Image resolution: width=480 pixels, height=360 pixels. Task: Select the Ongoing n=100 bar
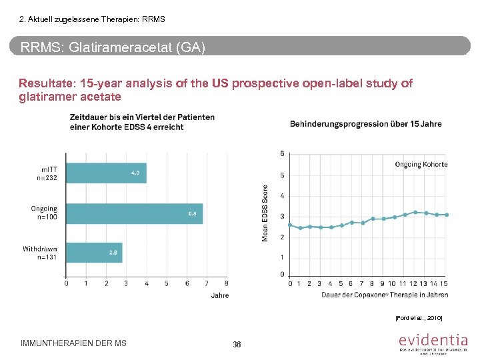[134, 213]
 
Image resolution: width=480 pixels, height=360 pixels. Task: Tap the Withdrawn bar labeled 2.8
[93, 253]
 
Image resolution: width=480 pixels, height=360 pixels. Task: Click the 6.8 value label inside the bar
[192, 213]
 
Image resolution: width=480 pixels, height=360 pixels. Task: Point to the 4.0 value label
[135, 173]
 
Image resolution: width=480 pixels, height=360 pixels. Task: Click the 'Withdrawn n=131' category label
[39, 253]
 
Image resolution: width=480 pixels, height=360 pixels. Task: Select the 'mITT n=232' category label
[46, 173]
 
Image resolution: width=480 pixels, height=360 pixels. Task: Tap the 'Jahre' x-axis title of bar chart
[219, 295]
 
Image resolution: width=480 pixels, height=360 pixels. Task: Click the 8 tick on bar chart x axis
[227, 283]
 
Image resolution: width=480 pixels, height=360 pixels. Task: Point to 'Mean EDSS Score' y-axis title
[265, 213]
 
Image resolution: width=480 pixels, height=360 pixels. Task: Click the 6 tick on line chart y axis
[282, 153]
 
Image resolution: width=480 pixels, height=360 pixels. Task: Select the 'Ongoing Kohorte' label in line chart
[421, 164]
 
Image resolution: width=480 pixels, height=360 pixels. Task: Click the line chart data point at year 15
[447, 215]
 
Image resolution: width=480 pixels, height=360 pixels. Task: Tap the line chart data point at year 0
[290, 225]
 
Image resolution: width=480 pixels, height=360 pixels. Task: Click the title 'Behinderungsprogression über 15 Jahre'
[365, 124]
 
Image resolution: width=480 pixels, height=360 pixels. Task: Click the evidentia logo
[433, 343]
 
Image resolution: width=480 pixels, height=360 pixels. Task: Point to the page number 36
[237, 344]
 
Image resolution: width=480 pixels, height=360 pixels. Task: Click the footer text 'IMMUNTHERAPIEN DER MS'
[73, 343]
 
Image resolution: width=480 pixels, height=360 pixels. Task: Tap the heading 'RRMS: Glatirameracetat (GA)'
[113, 48]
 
